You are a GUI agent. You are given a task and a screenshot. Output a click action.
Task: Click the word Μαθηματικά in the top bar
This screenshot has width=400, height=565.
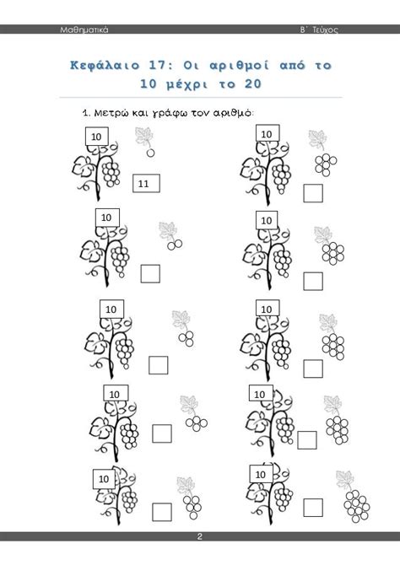84,30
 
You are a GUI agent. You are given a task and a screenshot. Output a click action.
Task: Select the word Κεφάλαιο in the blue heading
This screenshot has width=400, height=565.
105,66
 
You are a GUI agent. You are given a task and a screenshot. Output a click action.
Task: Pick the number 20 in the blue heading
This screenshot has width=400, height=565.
253,84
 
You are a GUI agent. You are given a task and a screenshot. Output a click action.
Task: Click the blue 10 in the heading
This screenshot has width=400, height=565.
149,84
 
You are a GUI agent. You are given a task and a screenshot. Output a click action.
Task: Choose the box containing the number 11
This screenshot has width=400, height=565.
146,183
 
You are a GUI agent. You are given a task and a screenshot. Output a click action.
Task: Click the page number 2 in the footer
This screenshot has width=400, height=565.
199,536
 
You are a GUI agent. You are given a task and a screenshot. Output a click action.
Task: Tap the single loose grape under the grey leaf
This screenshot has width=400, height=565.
150,153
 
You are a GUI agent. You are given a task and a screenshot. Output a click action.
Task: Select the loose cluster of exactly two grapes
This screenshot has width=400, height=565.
175,245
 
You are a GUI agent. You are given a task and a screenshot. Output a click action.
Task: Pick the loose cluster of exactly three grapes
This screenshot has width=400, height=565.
186,339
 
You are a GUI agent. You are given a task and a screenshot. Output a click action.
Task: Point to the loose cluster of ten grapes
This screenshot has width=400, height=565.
357,506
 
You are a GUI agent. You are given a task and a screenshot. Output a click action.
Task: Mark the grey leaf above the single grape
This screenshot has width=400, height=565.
144,137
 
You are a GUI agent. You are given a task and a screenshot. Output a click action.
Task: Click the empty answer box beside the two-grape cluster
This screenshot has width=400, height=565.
150,274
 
